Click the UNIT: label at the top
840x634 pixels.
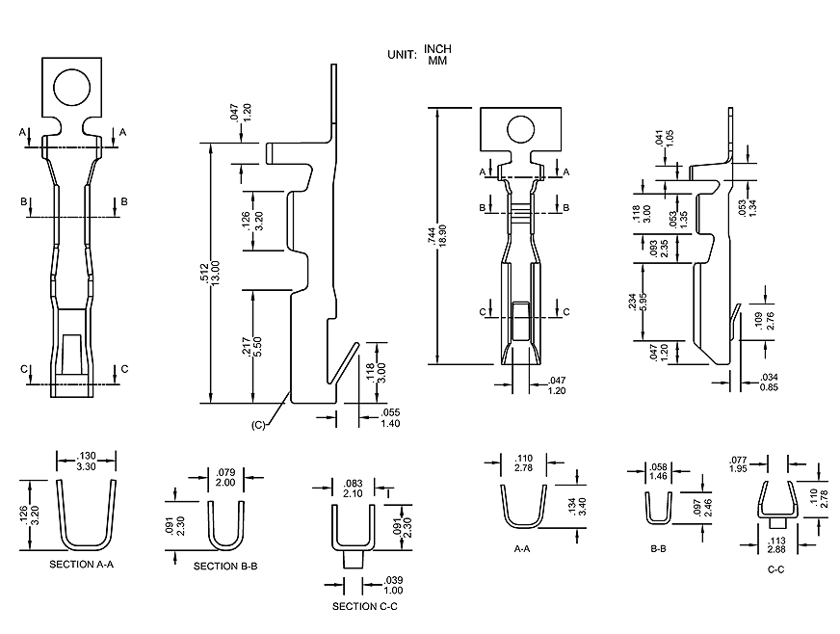403,55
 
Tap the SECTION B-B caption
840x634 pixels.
225,566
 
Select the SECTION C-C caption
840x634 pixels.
364,606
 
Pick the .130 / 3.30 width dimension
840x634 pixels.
87,460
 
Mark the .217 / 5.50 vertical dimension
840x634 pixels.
250,346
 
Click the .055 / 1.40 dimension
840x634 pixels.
390,418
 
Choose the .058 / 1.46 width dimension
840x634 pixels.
659,472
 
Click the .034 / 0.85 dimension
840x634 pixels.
769,382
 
